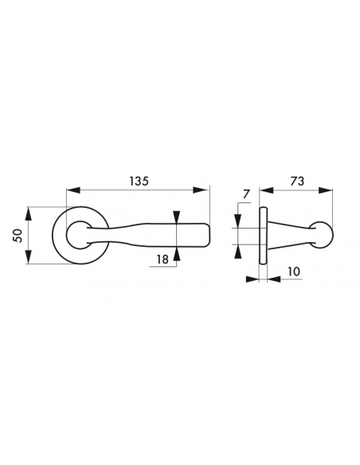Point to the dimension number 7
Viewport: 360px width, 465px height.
coord(246,194)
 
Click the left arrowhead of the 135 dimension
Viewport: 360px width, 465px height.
coord(71,191)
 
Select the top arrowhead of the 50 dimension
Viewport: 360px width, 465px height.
coord(29,211)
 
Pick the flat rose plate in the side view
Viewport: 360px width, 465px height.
coord(261,235)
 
